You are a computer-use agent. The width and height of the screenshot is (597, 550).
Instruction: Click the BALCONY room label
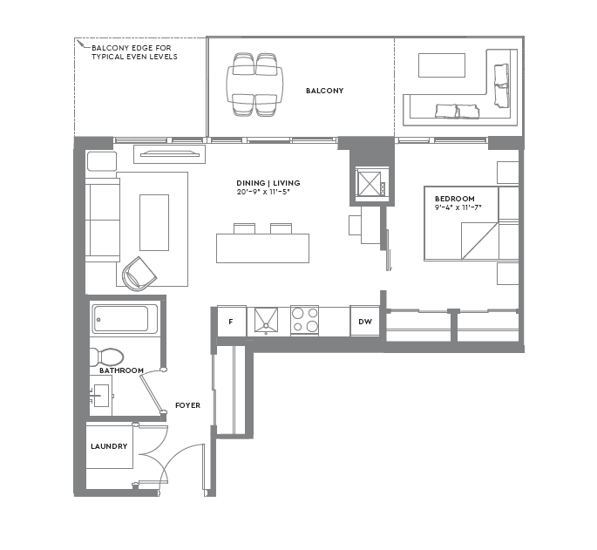[324, 91]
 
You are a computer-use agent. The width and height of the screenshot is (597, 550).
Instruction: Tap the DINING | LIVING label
[268, 183]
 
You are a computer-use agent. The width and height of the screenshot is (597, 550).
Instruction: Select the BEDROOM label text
[455, 199]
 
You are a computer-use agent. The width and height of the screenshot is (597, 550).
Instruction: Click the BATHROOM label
[121, 370]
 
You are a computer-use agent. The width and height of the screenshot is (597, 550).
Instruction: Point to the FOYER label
[187, 405]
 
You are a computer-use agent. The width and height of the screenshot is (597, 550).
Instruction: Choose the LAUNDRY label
[109, 446]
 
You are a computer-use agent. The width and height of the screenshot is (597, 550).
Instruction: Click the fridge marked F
[231, 322]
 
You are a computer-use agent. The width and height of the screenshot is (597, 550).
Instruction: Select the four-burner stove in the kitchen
[304, 320]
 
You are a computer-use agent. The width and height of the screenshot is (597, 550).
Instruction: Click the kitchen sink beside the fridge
[265, 320]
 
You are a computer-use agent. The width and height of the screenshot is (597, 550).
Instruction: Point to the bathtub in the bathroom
[122, 319]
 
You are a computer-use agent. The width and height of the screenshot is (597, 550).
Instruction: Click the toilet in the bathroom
[106, 356]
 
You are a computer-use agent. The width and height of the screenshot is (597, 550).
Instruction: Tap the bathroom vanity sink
[101, 396]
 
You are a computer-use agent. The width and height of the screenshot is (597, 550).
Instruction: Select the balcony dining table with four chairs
[254, 85]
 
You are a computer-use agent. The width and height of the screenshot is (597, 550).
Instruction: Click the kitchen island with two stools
[262, 248]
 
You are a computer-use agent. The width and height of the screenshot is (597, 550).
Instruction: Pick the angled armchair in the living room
[139, 274]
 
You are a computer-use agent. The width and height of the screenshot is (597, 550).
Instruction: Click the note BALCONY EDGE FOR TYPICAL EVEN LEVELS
[134, 52]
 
